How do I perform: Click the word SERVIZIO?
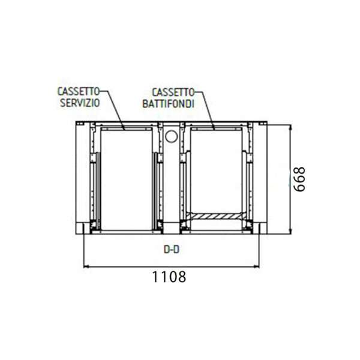coord(80,103)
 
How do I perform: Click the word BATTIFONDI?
coord(168,104)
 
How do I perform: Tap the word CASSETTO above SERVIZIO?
coord(78,91)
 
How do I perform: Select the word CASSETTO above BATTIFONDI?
coord(173,92)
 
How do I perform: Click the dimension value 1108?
coord(169,277)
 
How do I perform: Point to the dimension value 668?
coord(299,179)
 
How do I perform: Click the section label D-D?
coord(171,250)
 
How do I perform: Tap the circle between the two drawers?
coord(171,136)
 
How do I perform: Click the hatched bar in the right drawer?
coord(216,216)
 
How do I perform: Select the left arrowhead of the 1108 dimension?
coord(86,266)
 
